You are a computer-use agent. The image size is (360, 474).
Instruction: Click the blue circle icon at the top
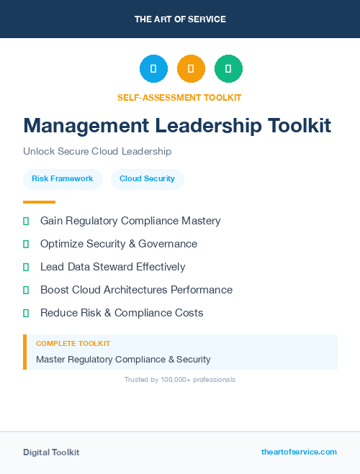click(x=153, y=69)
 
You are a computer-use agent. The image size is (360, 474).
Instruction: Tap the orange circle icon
click(x=191, y=69)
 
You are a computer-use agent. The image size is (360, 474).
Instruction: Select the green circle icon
click(x=228, y=69)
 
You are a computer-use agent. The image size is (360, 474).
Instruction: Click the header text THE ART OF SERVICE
click(x=180, y=19)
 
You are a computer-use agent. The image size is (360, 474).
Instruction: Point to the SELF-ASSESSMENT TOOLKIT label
click(x=179, y=98)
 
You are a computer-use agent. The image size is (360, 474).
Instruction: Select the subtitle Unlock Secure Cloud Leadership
click(x=97, y=152)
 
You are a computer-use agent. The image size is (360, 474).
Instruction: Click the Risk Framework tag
click(x=63, y=178)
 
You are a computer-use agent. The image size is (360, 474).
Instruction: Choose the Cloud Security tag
click(x=147, y=178)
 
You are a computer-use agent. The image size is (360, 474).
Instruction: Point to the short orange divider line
click(x=39, y=202)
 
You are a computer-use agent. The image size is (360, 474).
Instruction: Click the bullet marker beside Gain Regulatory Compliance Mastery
click(x=26, y=222)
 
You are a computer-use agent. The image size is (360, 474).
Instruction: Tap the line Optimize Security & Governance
click(x=119, y=244)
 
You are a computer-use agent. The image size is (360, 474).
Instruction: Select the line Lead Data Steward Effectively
click(x=113, y=267)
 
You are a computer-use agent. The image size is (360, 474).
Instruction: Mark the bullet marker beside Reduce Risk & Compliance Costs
click(x=26, y=314)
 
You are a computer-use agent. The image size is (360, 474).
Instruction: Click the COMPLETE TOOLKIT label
click(x=73, y=344)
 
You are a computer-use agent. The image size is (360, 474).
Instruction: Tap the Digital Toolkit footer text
click(x=51, y=452)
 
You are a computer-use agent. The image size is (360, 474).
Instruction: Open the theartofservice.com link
click(x=299, y=452)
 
